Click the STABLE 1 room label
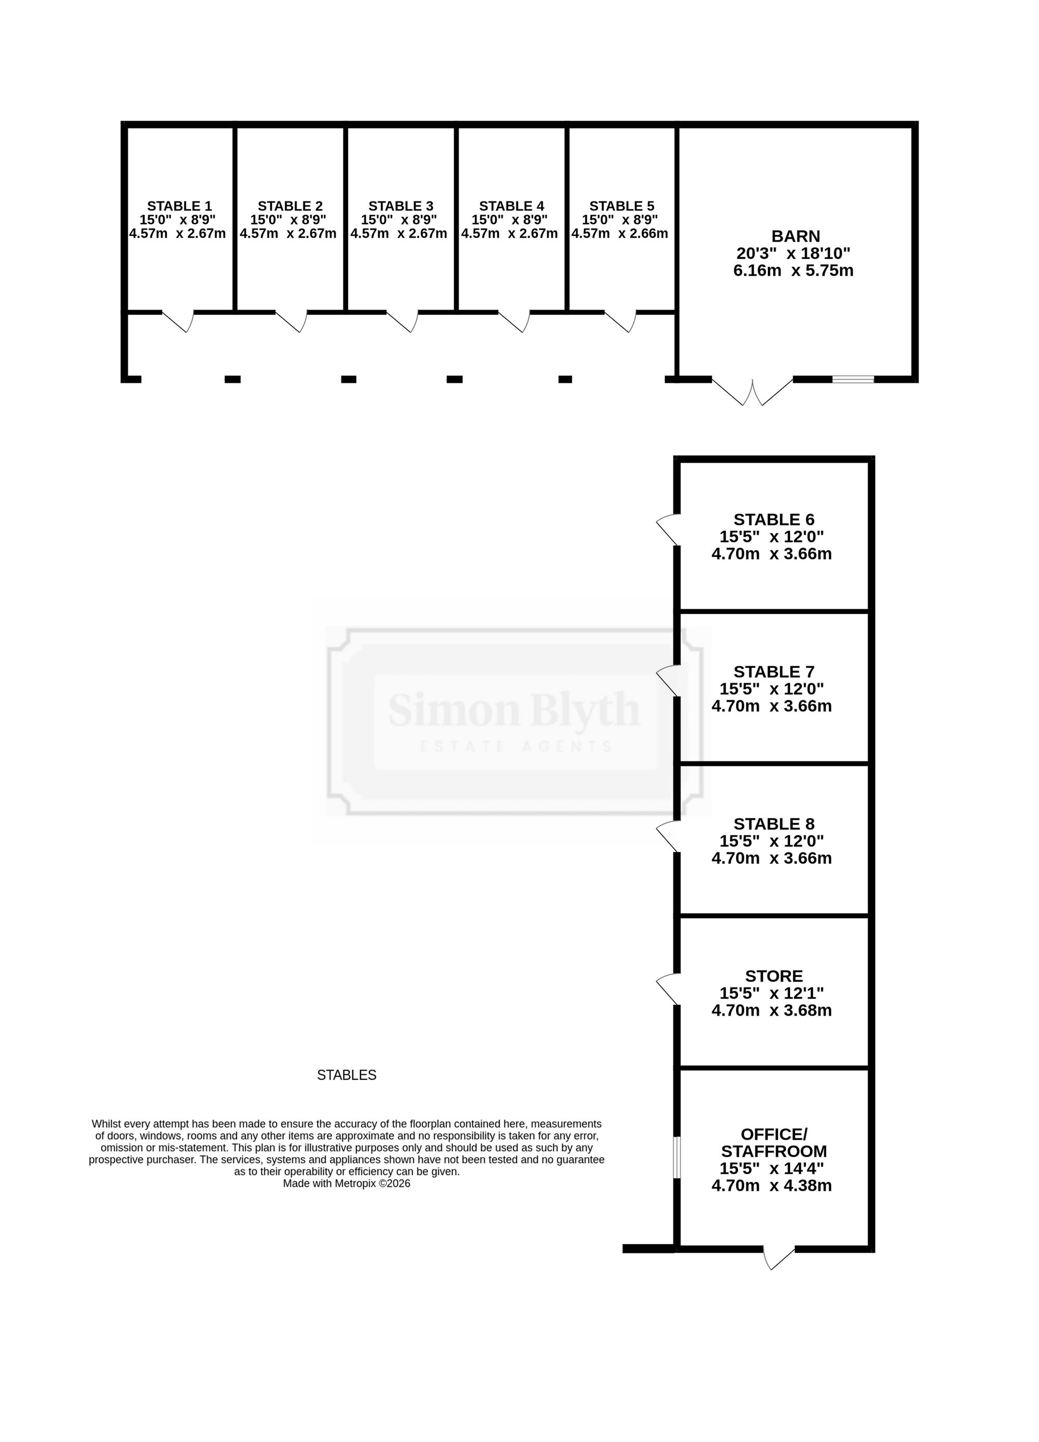pos(179,206)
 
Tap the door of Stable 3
pos(403,322)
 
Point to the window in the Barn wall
pos(854,380)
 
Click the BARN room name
pos(796,236)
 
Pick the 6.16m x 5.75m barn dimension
pos(794,271)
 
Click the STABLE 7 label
pos(774,672)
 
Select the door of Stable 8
pos(668,836)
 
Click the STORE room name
pos(774,976)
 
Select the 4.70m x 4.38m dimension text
pos(772,1186)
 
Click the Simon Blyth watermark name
pos(514,710)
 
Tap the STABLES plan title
pos(347,1075)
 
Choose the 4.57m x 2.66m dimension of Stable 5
pos(620,233)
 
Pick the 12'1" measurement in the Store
pos(797,993)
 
